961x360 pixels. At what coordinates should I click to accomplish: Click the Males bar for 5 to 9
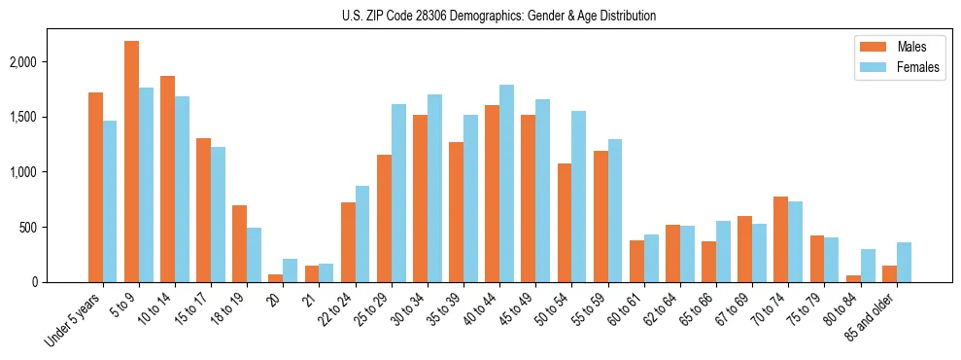131,162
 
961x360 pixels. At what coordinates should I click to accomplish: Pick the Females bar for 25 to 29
398,194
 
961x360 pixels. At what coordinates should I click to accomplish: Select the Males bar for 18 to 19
239,244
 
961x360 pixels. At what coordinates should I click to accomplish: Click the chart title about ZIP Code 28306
498,16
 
